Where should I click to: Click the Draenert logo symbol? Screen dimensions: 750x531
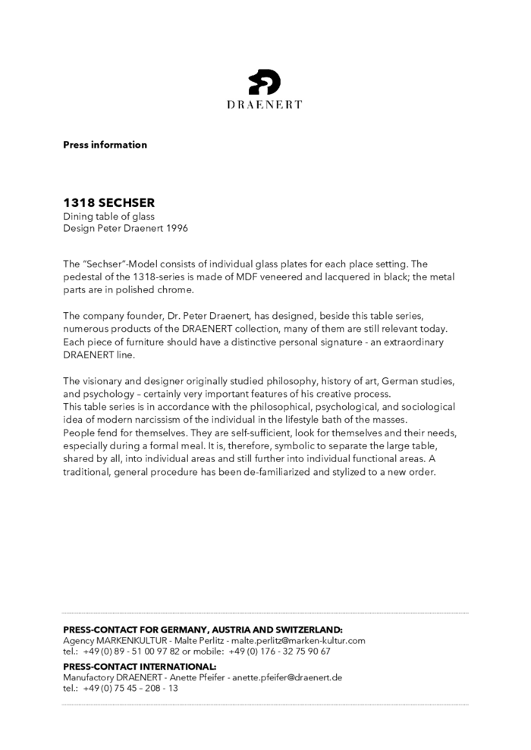point(264,82)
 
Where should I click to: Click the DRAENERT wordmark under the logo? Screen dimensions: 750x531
point(264,105)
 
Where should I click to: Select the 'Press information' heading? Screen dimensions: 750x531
point(105,145)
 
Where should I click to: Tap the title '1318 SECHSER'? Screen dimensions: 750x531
point(108,203)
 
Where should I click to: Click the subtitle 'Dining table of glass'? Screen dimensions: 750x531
point(108,217)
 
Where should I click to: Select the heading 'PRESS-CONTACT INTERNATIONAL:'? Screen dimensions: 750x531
point(140,667)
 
